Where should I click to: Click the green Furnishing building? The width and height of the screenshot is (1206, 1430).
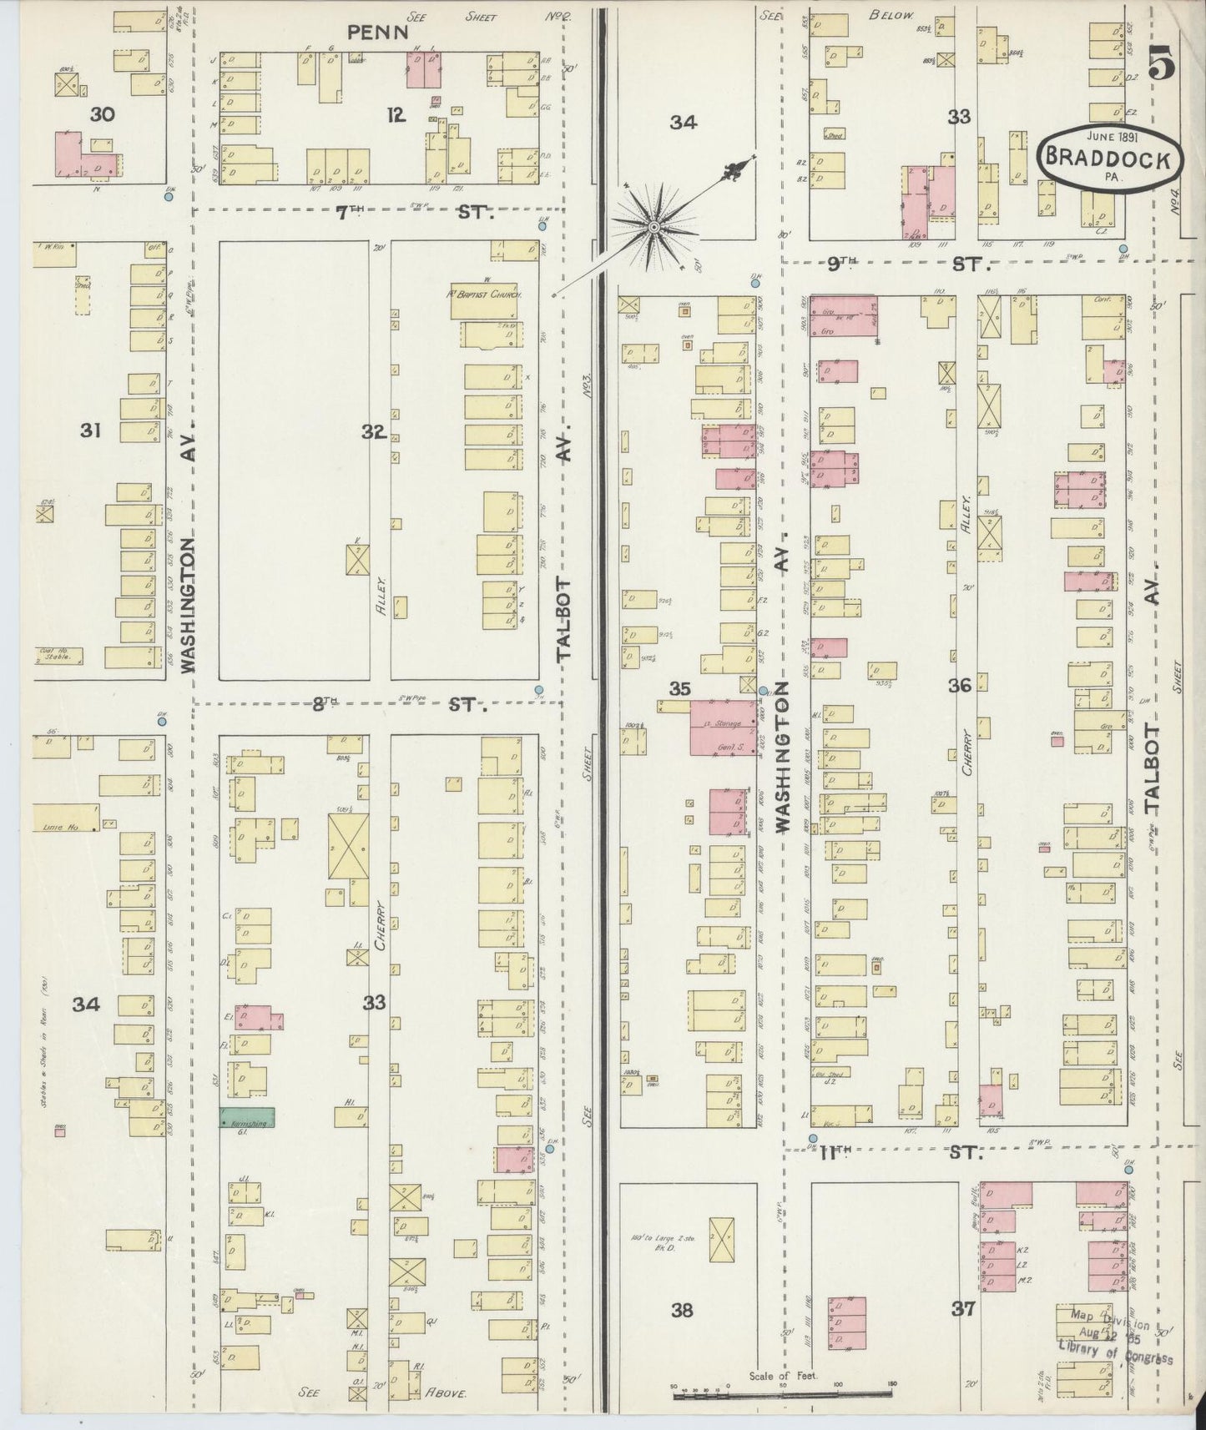[246, 1118]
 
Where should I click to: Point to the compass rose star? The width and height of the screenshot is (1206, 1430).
[653, 226]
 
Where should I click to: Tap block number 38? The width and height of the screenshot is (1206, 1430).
[682, 1310]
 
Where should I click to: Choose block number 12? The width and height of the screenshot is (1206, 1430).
[396, 116]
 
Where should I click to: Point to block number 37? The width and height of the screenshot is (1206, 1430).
[964, 1310]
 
